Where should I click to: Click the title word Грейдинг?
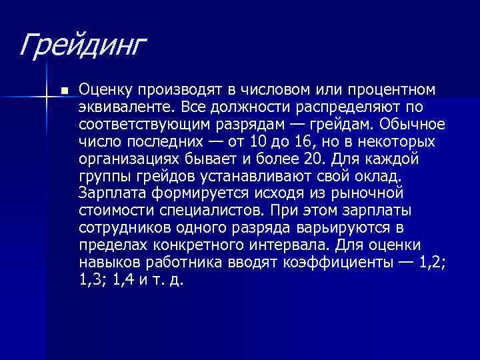click(81, 46)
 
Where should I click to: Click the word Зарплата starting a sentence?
click(111, 193)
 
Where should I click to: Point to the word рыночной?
click(370, 193)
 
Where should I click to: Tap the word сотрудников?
click(127, 228)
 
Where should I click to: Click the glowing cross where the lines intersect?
click(45, 97)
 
